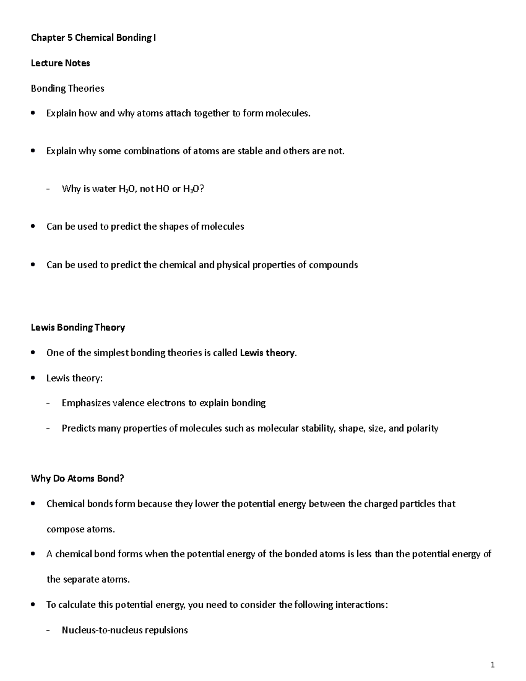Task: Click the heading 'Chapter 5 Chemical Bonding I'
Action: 93,38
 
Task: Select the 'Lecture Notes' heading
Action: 60,63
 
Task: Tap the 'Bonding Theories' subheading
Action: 67,89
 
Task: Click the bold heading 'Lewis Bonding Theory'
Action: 78,328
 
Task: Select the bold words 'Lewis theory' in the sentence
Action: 267,353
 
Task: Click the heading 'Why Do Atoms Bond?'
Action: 77,478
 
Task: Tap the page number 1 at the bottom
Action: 493,665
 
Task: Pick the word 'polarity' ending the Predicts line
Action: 422,428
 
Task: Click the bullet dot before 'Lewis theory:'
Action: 33,378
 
